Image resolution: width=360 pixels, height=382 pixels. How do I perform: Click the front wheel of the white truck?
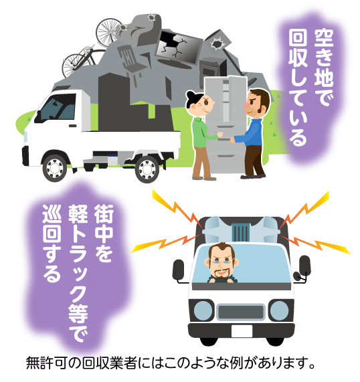click(55, 168)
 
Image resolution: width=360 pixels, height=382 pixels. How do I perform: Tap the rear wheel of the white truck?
click(147, 169)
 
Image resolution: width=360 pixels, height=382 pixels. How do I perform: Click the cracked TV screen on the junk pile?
click(179, 47)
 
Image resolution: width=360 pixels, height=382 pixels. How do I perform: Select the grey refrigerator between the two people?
click(226, 124)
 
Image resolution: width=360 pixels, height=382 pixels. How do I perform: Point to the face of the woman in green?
click(204, 105)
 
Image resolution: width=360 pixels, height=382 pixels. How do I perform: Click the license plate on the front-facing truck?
click(242, 331)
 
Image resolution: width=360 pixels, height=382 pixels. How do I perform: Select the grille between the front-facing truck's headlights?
click(241, 312)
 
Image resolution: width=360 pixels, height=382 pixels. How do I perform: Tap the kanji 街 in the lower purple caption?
click(104, 213)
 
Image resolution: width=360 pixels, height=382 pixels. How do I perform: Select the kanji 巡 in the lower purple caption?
click(52, 213)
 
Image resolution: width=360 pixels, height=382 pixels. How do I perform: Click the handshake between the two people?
click(226, 137)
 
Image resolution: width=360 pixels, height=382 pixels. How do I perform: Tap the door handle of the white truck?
click(73, 126)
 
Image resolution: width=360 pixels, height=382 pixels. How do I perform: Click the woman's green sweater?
click(201, 132)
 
